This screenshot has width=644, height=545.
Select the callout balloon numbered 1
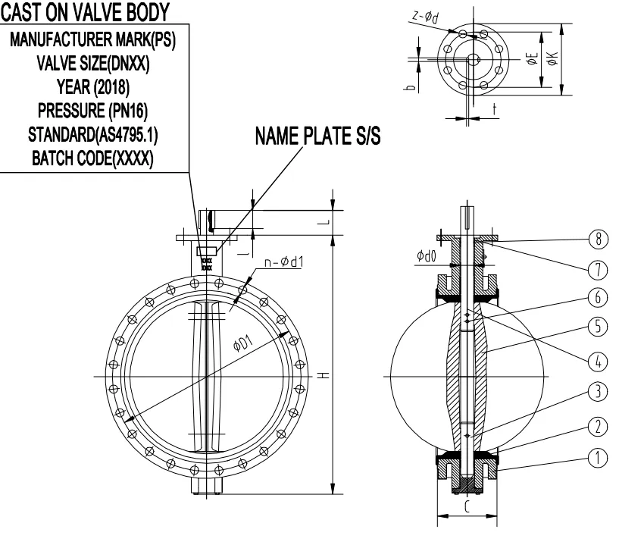click(599, 458)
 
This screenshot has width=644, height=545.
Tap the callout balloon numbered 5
click(599, 326)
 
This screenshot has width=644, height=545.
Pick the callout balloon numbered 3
click(599, 392)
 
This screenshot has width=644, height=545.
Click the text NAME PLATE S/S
click(317, 136)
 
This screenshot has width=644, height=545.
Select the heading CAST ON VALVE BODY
click(85, 11)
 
